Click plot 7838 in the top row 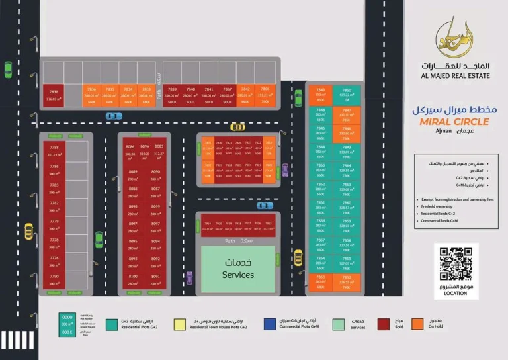[x=54, y=95]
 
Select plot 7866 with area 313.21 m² [x=265, y=95]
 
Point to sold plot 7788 [x=54, y=152]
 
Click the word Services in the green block [x=237, y=275]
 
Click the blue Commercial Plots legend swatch [x=270, y=324]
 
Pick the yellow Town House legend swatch [x=179, y=324]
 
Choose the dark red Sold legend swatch [x=383, y=324]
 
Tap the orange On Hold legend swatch [x=417, y=324]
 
